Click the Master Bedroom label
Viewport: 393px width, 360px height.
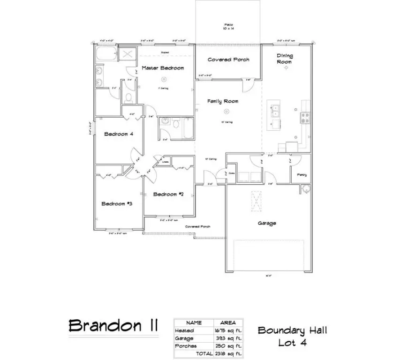162,68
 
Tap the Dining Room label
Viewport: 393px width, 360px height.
285,59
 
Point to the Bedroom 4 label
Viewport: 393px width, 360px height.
119,134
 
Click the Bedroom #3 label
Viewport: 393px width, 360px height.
116,203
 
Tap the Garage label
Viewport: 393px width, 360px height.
266,223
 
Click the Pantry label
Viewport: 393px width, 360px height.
302,175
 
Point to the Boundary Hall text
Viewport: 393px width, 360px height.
292,330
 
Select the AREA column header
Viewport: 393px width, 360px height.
228,323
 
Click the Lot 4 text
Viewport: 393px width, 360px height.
292,343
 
